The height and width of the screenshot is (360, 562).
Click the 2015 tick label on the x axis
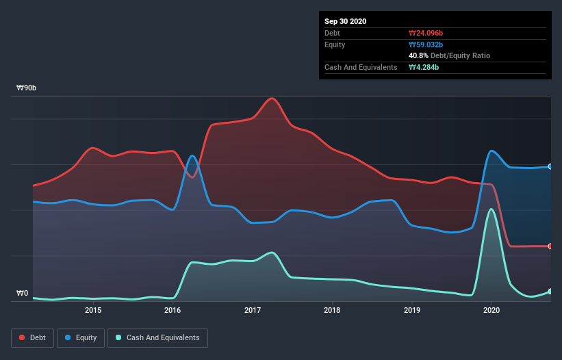point(93,310)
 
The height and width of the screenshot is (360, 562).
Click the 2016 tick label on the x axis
point(173,310)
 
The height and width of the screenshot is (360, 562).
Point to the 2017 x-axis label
point(253,310)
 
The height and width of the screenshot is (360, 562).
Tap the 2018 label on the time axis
point(332,310)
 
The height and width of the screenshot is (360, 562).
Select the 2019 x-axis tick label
point(412,310)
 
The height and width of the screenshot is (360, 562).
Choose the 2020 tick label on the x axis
point(491,310)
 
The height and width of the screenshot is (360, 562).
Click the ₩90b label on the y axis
point(27,88)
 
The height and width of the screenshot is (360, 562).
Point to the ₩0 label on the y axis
point(23,294)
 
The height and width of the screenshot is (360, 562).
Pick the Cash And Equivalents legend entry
point(157,337)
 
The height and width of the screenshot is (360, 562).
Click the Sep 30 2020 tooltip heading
point(346,21)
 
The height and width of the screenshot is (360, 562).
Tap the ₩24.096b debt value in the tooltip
point(428,33)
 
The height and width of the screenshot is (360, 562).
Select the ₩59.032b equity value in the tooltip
point(428,44)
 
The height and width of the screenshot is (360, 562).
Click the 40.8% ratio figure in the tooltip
point(418,55)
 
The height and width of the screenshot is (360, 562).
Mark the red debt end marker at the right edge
point(550,246)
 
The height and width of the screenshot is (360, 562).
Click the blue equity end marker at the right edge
point(550,166)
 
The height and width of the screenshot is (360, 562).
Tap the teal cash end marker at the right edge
point(550,292)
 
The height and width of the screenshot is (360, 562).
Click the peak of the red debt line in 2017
point(272,98)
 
